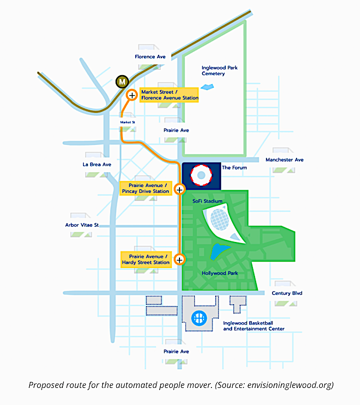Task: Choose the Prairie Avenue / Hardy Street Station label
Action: click(x=146, y=260)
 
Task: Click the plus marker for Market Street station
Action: click(x=132, y=95)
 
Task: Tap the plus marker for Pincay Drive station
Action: click(x=179, y=189)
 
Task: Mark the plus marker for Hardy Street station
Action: click(x=179, y=260)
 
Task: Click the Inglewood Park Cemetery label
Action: click(x=213, y=70)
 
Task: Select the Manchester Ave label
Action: click(x=284, y=160)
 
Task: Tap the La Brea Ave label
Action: click(x=97, y=165)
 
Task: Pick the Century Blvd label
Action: click(x=287, y=293)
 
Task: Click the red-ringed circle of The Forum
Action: click(x=201, y=175)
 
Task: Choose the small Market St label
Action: click(x=128, y=122)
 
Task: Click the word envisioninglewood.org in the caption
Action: click(x=288, y=385)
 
